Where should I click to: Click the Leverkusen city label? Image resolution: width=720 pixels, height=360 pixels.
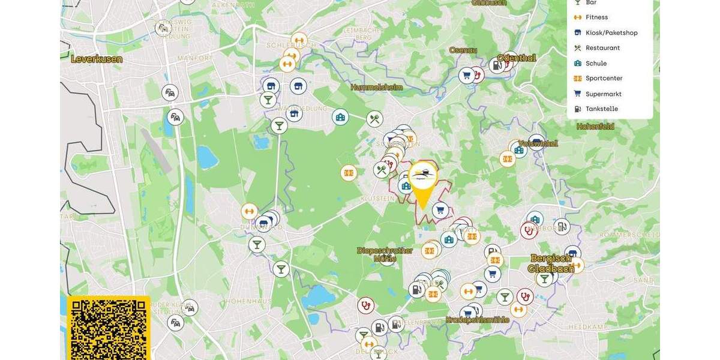pos(97,59)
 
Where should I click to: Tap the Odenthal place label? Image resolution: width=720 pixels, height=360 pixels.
pos(516,58)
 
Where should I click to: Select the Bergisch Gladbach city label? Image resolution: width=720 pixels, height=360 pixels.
pos(551,263)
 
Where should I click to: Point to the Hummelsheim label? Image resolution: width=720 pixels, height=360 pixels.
pos(376,88)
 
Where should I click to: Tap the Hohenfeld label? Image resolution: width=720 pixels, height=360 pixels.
pos(595,127)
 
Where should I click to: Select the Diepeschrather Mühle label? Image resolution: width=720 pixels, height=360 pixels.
pos(385,254)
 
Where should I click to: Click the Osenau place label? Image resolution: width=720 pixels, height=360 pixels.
pos(463,50)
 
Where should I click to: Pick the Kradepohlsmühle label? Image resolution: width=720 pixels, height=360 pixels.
pos(477,320)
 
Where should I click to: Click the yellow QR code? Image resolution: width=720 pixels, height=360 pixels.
pos(109,329)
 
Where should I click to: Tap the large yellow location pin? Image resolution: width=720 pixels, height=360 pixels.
pos(423,183)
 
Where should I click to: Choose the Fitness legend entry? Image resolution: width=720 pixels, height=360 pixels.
pos(596,17)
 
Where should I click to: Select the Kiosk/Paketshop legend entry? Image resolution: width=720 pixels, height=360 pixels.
pos(611,33)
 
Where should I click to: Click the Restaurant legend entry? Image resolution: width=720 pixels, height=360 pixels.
pos(602,48)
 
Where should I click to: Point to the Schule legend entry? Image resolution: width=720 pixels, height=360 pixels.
pos(596,64)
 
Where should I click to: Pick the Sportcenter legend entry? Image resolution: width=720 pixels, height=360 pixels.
pos(604,79)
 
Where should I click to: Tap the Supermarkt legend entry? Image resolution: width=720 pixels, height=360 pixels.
pos(603,94)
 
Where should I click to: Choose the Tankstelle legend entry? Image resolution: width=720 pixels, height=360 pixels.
pos(601,109)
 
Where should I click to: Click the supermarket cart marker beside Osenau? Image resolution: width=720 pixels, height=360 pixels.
pos(466,76)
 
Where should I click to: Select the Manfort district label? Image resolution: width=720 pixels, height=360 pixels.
pos(194,58)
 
